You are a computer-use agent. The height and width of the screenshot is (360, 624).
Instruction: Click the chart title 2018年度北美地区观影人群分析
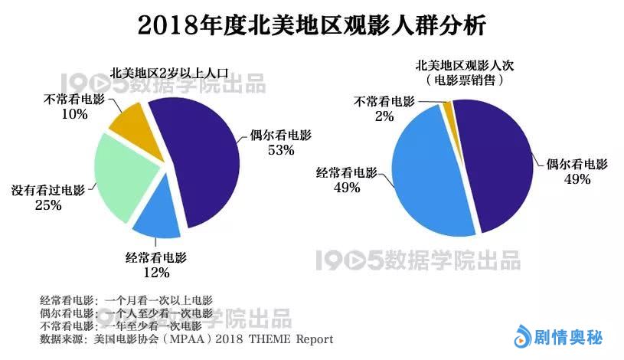[311, 25]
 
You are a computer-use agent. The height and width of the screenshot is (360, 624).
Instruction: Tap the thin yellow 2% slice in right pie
[449, 107]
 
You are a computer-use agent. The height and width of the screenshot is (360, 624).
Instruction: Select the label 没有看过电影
[48, 190]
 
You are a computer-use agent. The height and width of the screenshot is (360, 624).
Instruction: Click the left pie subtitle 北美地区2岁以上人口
[170, 73]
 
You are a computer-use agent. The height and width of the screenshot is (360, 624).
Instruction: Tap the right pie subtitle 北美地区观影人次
[464, 65]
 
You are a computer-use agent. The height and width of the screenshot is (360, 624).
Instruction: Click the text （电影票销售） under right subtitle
[464, 80]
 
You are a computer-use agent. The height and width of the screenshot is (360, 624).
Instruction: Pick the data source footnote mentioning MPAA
[187, 338]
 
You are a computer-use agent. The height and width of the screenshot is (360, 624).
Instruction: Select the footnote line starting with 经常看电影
[126, 299]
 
